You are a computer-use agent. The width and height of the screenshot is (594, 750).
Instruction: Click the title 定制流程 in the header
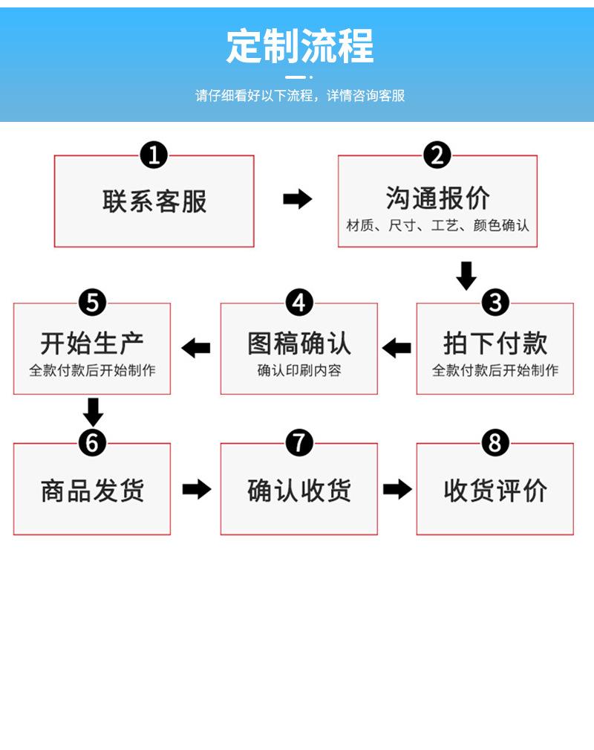(x=300, y=46)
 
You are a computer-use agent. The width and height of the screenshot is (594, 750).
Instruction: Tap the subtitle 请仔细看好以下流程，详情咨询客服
(x=300, y=96)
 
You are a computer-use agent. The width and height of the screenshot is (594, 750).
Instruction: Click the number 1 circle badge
(x=154, y=155)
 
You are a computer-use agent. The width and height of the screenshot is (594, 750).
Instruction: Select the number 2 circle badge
(x=437, y=155)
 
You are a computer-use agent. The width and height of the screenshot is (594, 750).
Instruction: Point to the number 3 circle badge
(x=495, y=303)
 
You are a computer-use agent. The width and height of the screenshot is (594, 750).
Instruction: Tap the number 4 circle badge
(x=299, y=303)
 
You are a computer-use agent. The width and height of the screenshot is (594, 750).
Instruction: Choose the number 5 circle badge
(x=92, y=303)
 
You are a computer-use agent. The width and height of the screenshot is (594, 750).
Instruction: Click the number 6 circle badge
(x=92, y=442)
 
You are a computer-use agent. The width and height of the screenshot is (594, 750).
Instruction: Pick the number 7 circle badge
(x=299, y=442)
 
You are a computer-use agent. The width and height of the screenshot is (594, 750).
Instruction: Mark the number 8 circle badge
(x=495, y=442)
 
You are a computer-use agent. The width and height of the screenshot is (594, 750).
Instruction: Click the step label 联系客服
(x=154, y=201)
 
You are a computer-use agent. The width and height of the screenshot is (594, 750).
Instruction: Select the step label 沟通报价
(x=438, y=198)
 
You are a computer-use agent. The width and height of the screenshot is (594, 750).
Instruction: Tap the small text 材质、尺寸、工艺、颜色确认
(x=438, y=225)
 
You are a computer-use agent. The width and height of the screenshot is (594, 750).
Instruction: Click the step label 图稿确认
(x=299, y=343)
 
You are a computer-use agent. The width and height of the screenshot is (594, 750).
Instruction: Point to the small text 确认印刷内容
(x=299, y=370)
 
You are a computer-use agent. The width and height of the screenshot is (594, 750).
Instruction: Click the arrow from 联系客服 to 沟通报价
(x=297, y=199)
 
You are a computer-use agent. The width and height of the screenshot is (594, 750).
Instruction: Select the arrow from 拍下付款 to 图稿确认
(x=396, y=348)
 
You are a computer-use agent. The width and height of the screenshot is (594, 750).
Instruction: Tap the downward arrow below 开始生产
(x=94, y=412)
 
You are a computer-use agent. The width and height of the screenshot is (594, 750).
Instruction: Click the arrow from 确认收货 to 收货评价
(x=397, y=489)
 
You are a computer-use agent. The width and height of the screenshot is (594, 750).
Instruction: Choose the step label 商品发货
(x=92, y=491)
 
